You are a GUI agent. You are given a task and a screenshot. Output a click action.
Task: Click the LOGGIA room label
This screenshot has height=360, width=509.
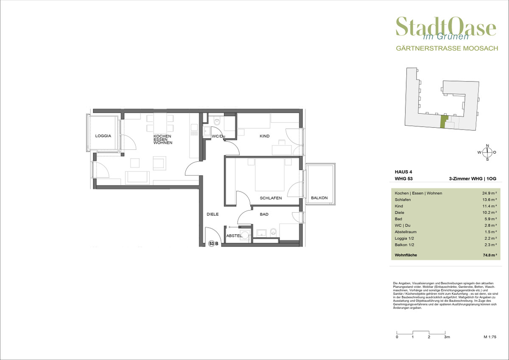(103, 136)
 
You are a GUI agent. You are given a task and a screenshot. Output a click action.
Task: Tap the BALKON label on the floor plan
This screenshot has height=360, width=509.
(319, 198)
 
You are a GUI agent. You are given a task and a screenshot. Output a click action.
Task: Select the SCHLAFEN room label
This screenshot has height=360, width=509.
(271, 198)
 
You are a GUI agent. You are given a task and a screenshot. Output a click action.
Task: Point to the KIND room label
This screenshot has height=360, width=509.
(265, 136)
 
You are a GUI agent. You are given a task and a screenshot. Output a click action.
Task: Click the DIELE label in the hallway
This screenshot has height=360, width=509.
(213, 214)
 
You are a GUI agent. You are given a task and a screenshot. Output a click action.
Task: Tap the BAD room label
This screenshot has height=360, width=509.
(264, 214)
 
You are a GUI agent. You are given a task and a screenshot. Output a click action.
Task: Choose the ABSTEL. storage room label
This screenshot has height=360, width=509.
(234, 236)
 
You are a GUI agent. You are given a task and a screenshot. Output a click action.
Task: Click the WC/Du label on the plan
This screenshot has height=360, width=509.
(218, 136)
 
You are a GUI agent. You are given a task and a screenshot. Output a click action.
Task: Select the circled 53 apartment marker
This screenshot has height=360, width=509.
(212, 244)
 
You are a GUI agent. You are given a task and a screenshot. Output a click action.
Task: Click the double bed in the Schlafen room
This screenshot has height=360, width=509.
(270, 174)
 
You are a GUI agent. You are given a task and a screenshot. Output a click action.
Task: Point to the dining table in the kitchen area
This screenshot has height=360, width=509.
(160, 123)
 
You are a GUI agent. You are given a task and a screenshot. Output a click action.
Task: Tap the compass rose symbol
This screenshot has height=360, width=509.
(487, 152)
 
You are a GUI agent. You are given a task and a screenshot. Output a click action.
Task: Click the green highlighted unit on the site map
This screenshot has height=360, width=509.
(444, 122)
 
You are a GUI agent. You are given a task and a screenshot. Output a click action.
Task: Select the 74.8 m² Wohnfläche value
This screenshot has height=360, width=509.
(489, 255)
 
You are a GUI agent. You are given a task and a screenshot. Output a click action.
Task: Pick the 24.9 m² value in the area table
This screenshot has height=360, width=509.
(489, 193)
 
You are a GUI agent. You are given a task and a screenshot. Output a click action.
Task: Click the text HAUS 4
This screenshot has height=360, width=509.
(403, 172)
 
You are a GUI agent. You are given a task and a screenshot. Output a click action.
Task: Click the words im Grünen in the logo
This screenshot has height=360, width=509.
(446, 37)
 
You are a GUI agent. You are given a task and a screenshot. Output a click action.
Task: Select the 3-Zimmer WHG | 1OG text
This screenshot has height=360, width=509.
(473, 179)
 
